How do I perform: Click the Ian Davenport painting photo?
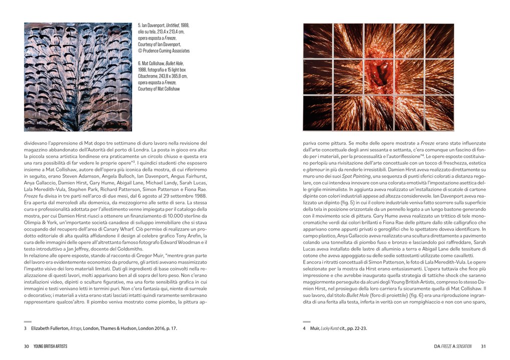[x=78, y=76]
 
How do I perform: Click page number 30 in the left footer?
[x=27, y=346]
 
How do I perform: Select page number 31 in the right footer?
[x=483, y=346]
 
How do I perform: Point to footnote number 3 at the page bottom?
[x=25, y=328]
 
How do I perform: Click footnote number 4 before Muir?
[x=305, y=328]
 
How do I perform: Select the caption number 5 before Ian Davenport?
[x=139, y=25]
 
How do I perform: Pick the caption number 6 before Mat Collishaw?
[x=139, y=63]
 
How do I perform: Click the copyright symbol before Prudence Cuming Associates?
[x=140, y=50]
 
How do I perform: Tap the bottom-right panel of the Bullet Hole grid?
[x=439, y=113]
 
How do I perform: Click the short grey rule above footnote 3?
[x=28, y=321]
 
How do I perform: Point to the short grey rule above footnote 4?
[x=307, y=321]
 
